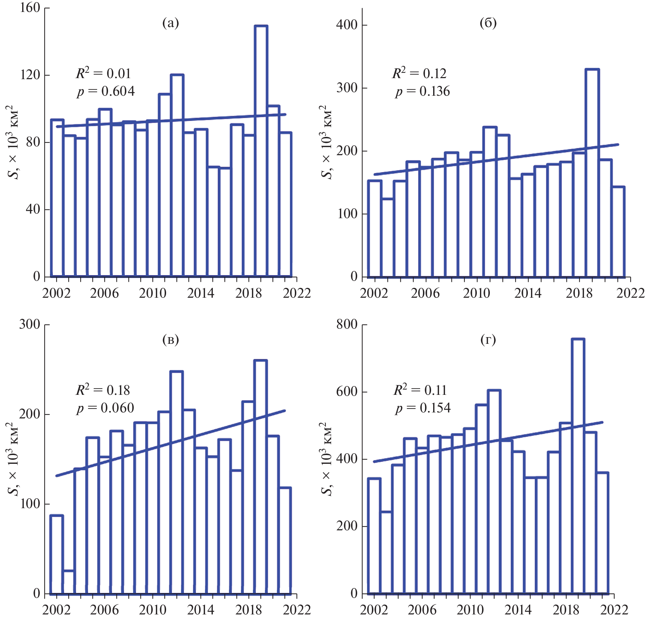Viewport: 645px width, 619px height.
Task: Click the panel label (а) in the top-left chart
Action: click(171, 23)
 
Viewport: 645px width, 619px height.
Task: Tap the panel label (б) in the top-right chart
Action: click(488, 23)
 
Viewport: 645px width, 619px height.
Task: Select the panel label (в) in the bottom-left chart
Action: click(171, 340)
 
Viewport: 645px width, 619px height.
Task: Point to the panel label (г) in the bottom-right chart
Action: click(488, 340)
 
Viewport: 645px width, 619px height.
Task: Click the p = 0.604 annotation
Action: click(106, 91)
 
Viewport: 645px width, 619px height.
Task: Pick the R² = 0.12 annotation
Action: click(419, 73)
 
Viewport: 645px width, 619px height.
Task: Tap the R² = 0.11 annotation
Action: click(420, 390)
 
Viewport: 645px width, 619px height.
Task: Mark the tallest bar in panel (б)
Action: click(592, 172)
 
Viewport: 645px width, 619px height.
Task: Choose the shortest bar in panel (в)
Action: click(68, 582)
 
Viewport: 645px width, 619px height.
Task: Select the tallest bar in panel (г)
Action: click(578, 466)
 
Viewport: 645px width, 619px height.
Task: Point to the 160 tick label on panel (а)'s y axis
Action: click(30, 8)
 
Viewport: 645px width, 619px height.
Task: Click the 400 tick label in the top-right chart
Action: click(347, 25)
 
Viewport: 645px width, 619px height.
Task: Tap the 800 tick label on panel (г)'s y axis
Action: click(347, 324)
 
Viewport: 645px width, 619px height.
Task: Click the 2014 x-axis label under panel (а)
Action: click(201, 293)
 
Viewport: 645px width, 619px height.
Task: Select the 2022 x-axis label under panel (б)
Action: click(630, 293)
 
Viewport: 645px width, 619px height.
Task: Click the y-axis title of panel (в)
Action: click(13, 459)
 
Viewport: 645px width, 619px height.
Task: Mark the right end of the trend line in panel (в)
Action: click(285, 411)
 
